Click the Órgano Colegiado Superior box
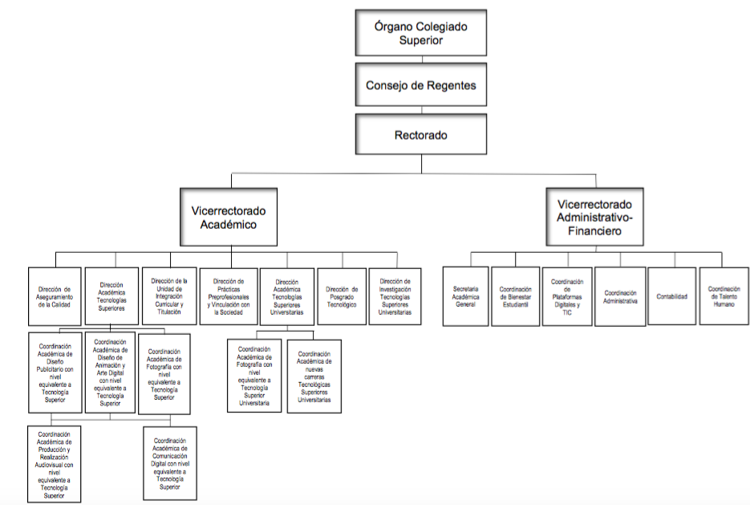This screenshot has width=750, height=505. tap(421, 34)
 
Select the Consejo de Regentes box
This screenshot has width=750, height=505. tap(421, 85)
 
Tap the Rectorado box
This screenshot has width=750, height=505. tap(422, 134)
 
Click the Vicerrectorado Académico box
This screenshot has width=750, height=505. tap(229, 218)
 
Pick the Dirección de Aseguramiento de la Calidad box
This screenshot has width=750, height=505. tap(55, 295)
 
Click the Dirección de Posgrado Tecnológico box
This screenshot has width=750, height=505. tap(342, 295)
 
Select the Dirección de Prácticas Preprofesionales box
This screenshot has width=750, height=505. tap(228, 295)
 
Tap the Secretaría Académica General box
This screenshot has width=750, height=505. tap(465, 296)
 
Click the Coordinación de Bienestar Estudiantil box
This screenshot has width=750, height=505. tap(516, 296)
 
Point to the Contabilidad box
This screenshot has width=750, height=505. tap(671, 296)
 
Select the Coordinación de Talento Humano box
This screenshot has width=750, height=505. tap(724, 296)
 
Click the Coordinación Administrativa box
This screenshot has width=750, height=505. tap(620, 296)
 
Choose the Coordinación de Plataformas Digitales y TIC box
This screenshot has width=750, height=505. tap(566, 296)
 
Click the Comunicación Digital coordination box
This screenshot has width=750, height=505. tap(170, 463)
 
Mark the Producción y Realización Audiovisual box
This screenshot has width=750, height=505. tap(55, 464)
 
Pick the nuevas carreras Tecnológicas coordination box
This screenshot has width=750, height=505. tap(314, 376)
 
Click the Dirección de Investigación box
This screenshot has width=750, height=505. tap(395, 295)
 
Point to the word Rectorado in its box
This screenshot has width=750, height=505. tap(422, 134)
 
